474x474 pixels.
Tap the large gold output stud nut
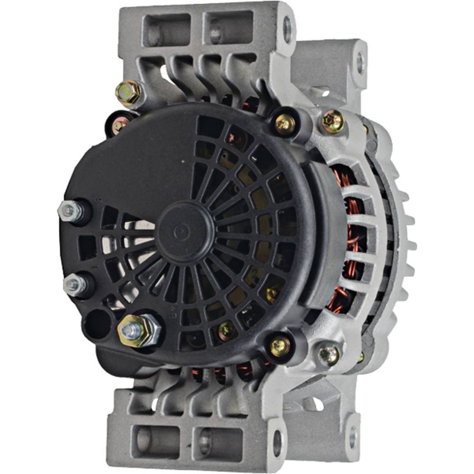[x=139, y=329]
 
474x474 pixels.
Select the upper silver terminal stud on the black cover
[x=70, y=211]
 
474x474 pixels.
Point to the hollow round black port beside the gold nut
[x=97, y=324]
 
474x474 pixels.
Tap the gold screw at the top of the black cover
[x=285, y=123]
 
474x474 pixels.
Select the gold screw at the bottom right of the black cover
[x=280, y=345]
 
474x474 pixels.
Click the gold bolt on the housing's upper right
[x=333, y=121]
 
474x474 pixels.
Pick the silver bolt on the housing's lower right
[x=329, y=354]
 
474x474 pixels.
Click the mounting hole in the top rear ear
[x=359, y=60]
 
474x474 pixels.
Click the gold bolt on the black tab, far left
[x=120, y=124]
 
